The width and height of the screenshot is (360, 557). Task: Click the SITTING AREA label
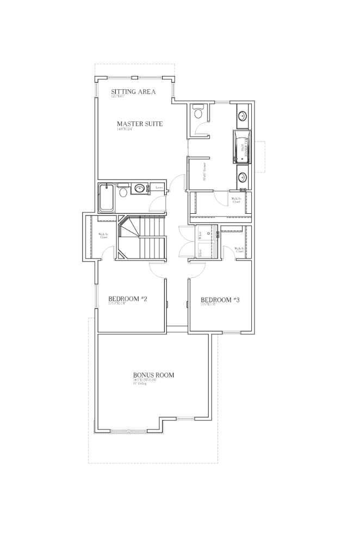point(133,91)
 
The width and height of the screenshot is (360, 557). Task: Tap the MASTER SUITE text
point(140,123)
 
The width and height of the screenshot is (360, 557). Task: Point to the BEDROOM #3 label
point(220,300)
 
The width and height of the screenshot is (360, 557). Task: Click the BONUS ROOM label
point(153,375)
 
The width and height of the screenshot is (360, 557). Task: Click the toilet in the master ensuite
point(198,114)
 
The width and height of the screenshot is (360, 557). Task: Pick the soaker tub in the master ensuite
point(241,146)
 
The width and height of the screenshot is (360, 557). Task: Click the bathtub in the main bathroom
point(106,198)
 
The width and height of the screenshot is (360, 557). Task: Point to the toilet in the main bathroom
point(123,191)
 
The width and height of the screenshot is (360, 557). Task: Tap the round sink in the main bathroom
point(140,189)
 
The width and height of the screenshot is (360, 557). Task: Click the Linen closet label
point(159,188)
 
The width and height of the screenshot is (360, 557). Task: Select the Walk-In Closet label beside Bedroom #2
point(103,236)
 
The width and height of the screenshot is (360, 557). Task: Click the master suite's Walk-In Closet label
point(236,200)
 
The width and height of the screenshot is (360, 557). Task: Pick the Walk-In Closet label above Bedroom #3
point(239,250)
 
